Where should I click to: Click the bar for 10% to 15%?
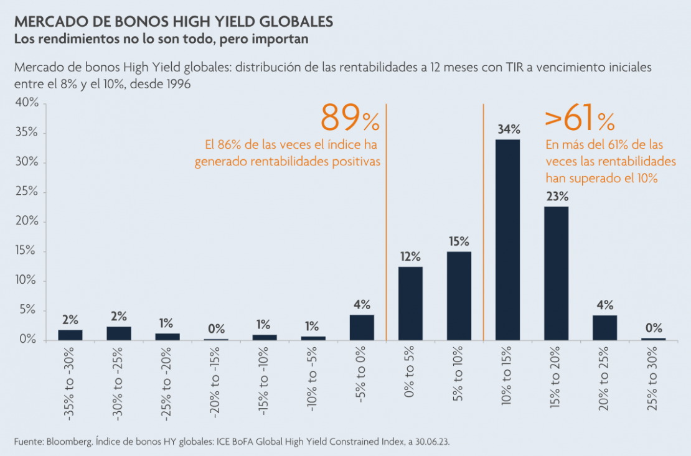(507, 240)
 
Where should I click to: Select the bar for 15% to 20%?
(556, 273)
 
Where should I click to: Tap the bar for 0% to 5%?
(410, 304)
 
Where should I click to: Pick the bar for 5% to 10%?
(459, 295)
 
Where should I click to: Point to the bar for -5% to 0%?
(362, 327)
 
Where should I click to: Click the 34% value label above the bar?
(508, 130)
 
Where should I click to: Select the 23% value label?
(557, 197)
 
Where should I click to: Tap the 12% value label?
(411, 256)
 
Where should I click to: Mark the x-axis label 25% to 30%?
(654, 381)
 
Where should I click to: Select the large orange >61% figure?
(580, 119)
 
